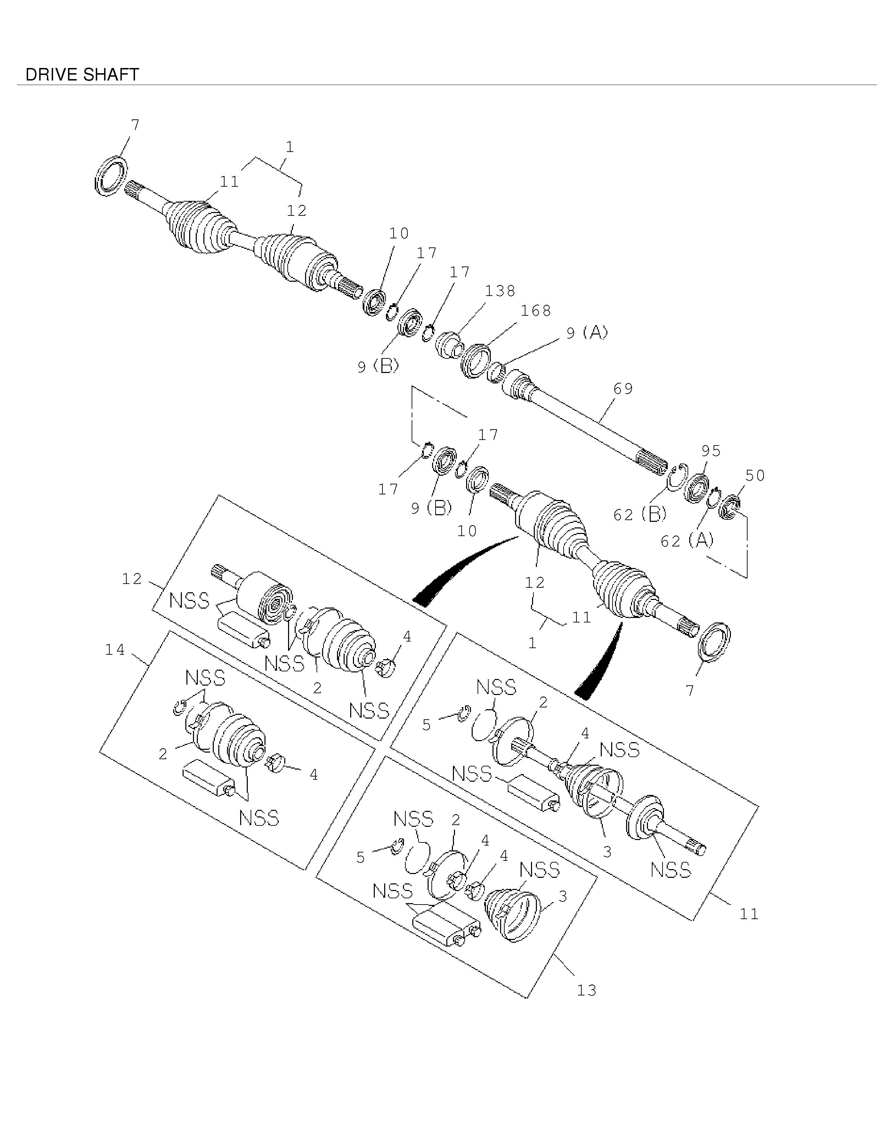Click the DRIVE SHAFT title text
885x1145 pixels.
(82, 75)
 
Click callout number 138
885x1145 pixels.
(500, 291)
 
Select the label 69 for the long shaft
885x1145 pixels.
(623, 389)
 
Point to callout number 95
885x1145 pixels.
(711, 450)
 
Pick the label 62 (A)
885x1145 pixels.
(687, 541)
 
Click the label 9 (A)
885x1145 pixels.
(587, 332)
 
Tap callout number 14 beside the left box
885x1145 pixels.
(115, 650)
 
